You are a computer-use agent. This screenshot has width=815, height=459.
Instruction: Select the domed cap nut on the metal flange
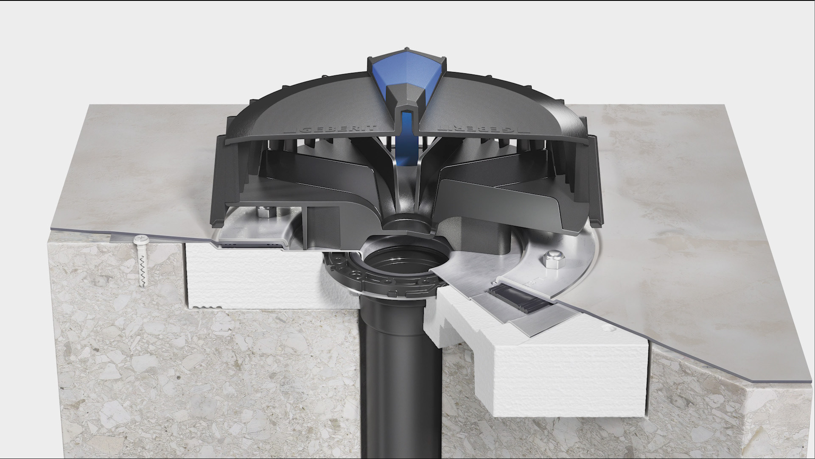552,258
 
